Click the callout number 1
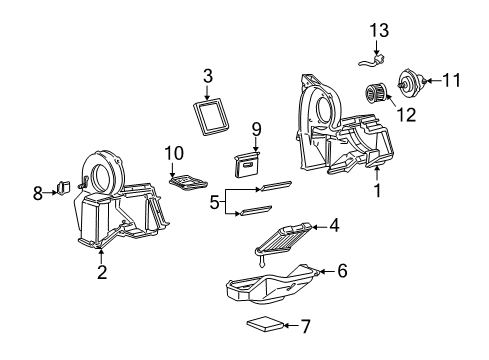377,190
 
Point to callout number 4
333,226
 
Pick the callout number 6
341,270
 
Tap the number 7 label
305,325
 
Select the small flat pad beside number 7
265,325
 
